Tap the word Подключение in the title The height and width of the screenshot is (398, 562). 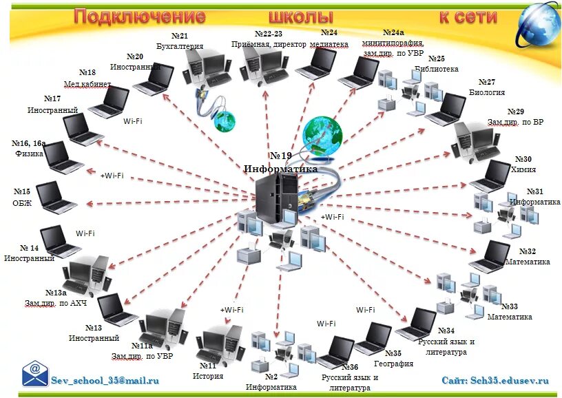pyautogui.click(x=140, y=17)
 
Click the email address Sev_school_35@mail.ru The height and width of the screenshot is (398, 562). pyautogui.click(x=105, y=379)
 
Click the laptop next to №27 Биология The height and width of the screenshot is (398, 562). pyautogui.click(x=446, y=109)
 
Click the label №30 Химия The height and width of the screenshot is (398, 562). pyautogui.click(x=523, y=164)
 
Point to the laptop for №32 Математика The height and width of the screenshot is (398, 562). pyautogui.click(x=490, y=256)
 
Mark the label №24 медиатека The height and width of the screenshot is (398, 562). pyautogui.click(x=329, y=38)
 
